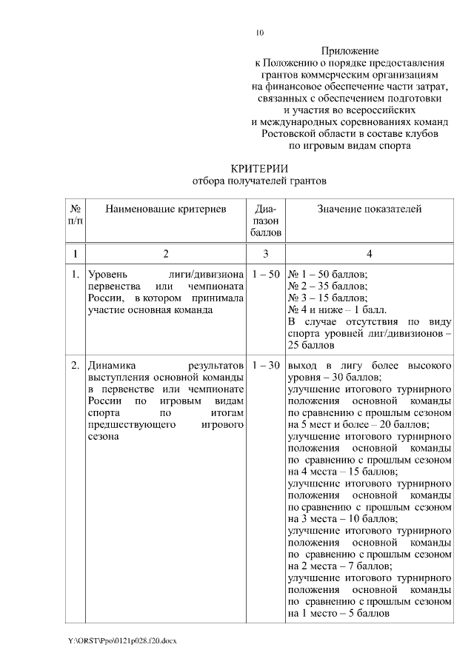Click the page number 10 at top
click(x=259, y=32)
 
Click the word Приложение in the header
click(x=350, y=51)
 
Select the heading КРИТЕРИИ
click(x=258, y=167)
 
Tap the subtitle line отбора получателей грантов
click(x=258, y=180)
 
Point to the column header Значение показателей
click(x=369, y=210)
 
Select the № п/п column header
click(x=75, y=215)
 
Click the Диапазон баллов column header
click(x=266, y=221)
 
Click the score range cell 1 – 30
click(x=266, y=366)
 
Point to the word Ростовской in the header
click(x=290, y=134)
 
